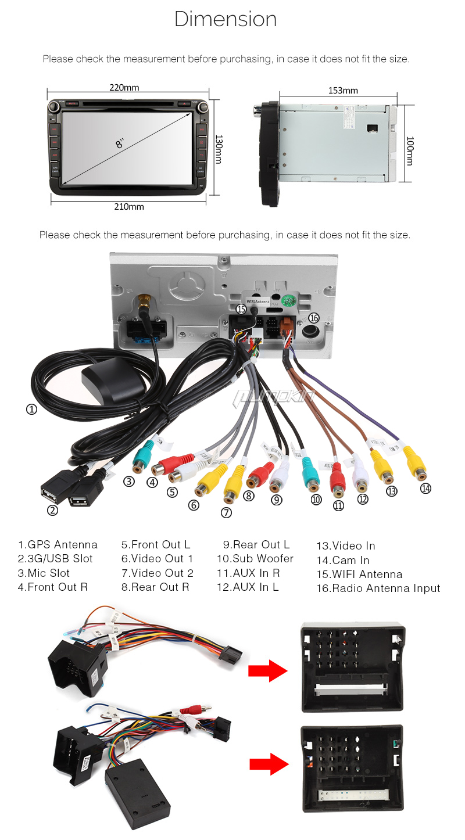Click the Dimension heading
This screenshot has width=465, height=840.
[226, 20]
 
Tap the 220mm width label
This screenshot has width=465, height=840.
[124, 88]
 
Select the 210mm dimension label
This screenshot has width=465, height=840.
[128, 207]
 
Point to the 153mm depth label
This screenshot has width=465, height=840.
[343, 91]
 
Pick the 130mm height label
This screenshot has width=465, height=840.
[219, 149]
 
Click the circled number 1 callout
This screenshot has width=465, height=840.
[31, 409]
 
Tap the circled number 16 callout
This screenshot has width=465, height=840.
[314, 318]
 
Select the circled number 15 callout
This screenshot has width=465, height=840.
[241, 310]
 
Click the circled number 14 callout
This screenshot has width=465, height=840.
[426, 489]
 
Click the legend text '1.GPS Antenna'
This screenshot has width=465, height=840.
[58, 545]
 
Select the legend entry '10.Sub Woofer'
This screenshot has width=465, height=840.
[255, 559]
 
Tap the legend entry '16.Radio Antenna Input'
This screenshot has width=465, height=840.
[378, 588]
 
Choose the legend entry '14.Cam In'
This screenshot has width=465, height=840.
[342, 561]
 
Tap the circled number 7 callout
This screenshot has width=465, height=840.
[226, 512]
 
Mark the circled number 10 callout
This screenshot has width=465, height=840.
[316, 500]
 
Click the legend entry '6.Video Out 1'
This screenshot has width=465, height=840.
[156, 559]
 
